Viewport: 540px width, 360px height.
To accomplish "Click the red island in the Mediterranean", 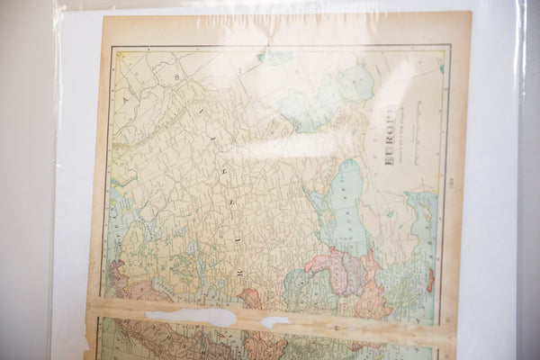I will (x=430, y=280).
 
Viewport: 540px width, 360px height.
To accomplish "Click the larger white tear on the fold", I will (x=189, y=317).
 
